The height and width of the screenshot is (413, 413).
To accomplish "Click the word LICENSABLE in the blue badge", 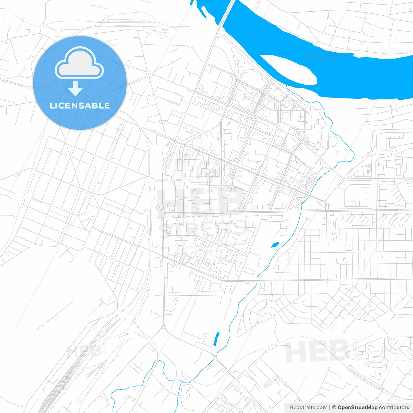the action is point(80,106).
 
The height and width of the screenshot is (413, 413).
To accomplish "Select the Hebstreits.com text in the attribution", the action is point(308,408).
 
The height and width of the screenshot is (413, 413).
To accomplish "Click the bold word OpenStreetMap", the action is point(358,408).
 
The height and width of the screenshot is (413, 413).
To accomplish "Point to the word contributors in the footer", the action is point(394,408).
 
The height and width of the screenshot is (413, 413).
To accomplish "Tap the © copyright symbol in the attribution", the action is point(334,408).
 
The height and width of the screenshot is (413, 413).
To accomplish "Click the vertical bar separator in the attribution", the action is point(329,408).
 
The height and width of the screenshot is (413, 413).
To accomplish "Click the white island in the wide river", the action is point(289,69).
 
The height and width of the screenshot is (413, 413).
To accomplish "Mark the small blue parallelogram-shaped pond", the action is point(275,245).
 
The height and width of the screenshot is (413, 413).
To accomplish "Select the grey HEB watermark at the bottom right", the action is point(316,352).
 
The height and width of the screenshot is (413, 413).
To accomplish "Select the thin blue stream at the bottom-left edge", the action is point(113,400).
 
